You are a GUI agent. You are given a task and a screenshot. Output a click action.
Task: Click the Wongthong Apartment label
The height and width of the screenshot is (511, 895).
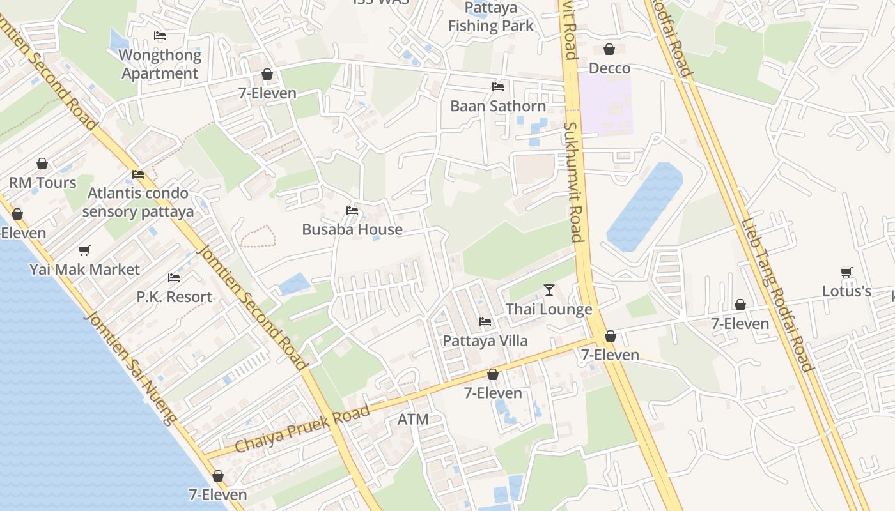(x=160, y=64)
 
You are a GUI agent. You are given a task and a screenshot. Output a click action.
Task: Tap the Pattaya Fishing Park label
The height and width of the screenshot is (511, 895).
(x=490, y=17)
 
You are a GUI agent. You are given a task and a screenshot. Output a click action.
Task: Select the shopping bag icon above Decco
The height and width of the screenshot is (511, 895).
(x=609, y=49)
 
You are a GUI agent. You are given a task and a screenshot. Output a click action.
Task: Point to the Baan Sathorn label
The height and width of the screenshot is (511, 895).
(x=498, y=106)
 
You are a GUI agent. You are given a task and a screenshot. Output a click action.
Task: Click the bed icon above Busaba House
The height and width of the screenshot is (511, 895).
(x=352, y=210)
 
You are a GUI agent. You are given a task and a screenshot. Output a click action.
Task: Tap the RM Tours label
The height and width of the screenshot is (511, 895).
(x=42, y=183)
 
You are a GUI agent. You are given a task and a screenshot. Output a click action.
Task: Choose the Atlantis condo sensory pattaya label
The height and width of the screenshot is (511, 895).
(x=138, y=202)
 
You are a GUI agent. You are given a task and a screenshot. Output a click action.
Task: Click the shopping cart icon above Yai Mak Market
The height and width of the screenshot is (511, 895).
(x=84, y=250)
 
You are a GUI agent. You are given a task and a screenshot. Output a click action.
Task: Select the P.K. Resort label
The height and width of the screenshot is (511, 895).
(x=174, y=297)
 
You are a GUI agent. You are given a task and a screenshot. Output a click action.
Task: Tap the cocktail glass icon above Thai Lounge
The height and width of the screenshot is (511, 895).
(x=549, y=290)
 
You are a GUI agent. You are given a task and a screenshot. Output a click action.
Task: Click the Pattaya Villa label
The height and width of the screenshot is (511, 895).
(x=485, y=340)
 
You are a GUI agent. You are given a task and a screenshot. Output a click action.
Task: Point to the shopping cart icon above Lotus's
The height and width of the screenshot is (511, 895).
(x=846, y=273)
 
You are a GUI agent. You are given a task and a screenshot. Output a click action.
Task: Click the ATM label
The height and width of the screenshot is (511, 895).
(x=412, y=420)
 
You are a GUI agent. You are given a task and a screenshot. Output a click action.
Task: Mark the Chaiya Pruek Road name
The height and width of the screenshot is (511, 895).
(x=302, y=429)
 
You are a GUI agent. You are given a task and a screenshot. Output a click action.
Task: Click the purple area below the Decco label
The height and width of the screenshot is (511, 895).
(x=605, y=105)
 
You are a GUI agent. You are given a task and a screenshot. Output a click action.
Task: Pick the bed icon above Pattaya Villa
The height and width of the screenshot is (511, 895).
(x=485, y=321)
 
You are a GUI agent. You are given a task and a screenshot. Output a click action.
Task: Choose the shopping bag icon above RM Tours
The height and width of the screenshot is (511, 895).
(x=42, y=164)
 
